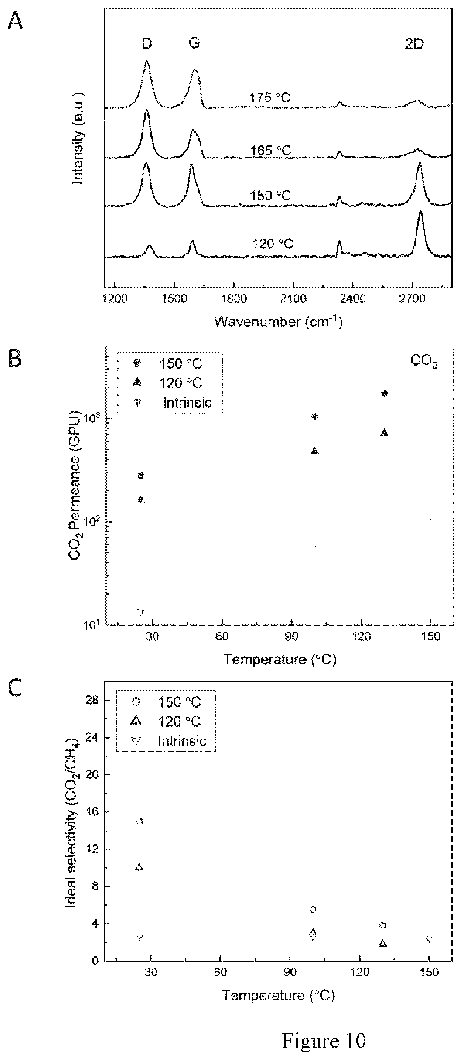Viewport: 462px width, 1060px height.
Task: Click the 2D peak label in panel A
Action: pos(414,44)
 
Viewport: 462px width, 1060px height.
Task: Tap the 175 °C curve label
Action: pos(270,98)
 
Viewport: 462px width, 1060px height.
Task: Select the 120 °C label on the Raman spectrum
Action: pos(273,244)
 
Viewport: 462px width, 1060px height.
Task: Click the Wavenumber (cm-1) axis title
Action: pos(278,321)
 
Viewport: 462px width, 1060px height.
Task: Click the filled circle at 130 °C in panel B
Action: pos(384,394)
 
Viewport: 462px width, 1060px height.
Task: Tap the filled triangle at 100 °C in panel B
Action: pos(315,451)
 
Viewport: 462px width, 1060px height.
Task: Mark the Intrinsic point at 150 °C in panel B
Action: pos(431,517)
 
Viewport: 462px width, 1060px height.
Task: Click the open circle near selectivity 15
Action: pos(139,821)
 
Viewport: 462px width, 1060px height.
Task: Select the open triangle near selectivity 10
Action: pos(139,867)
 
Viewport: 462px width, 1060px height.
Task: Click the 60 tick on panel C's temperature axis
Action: pos(221,972)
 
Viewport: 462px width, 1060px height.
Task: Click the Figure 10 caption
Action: pos(324,1037)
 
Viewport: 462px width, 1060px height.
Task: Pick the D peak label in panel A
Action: pos(147,43)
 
